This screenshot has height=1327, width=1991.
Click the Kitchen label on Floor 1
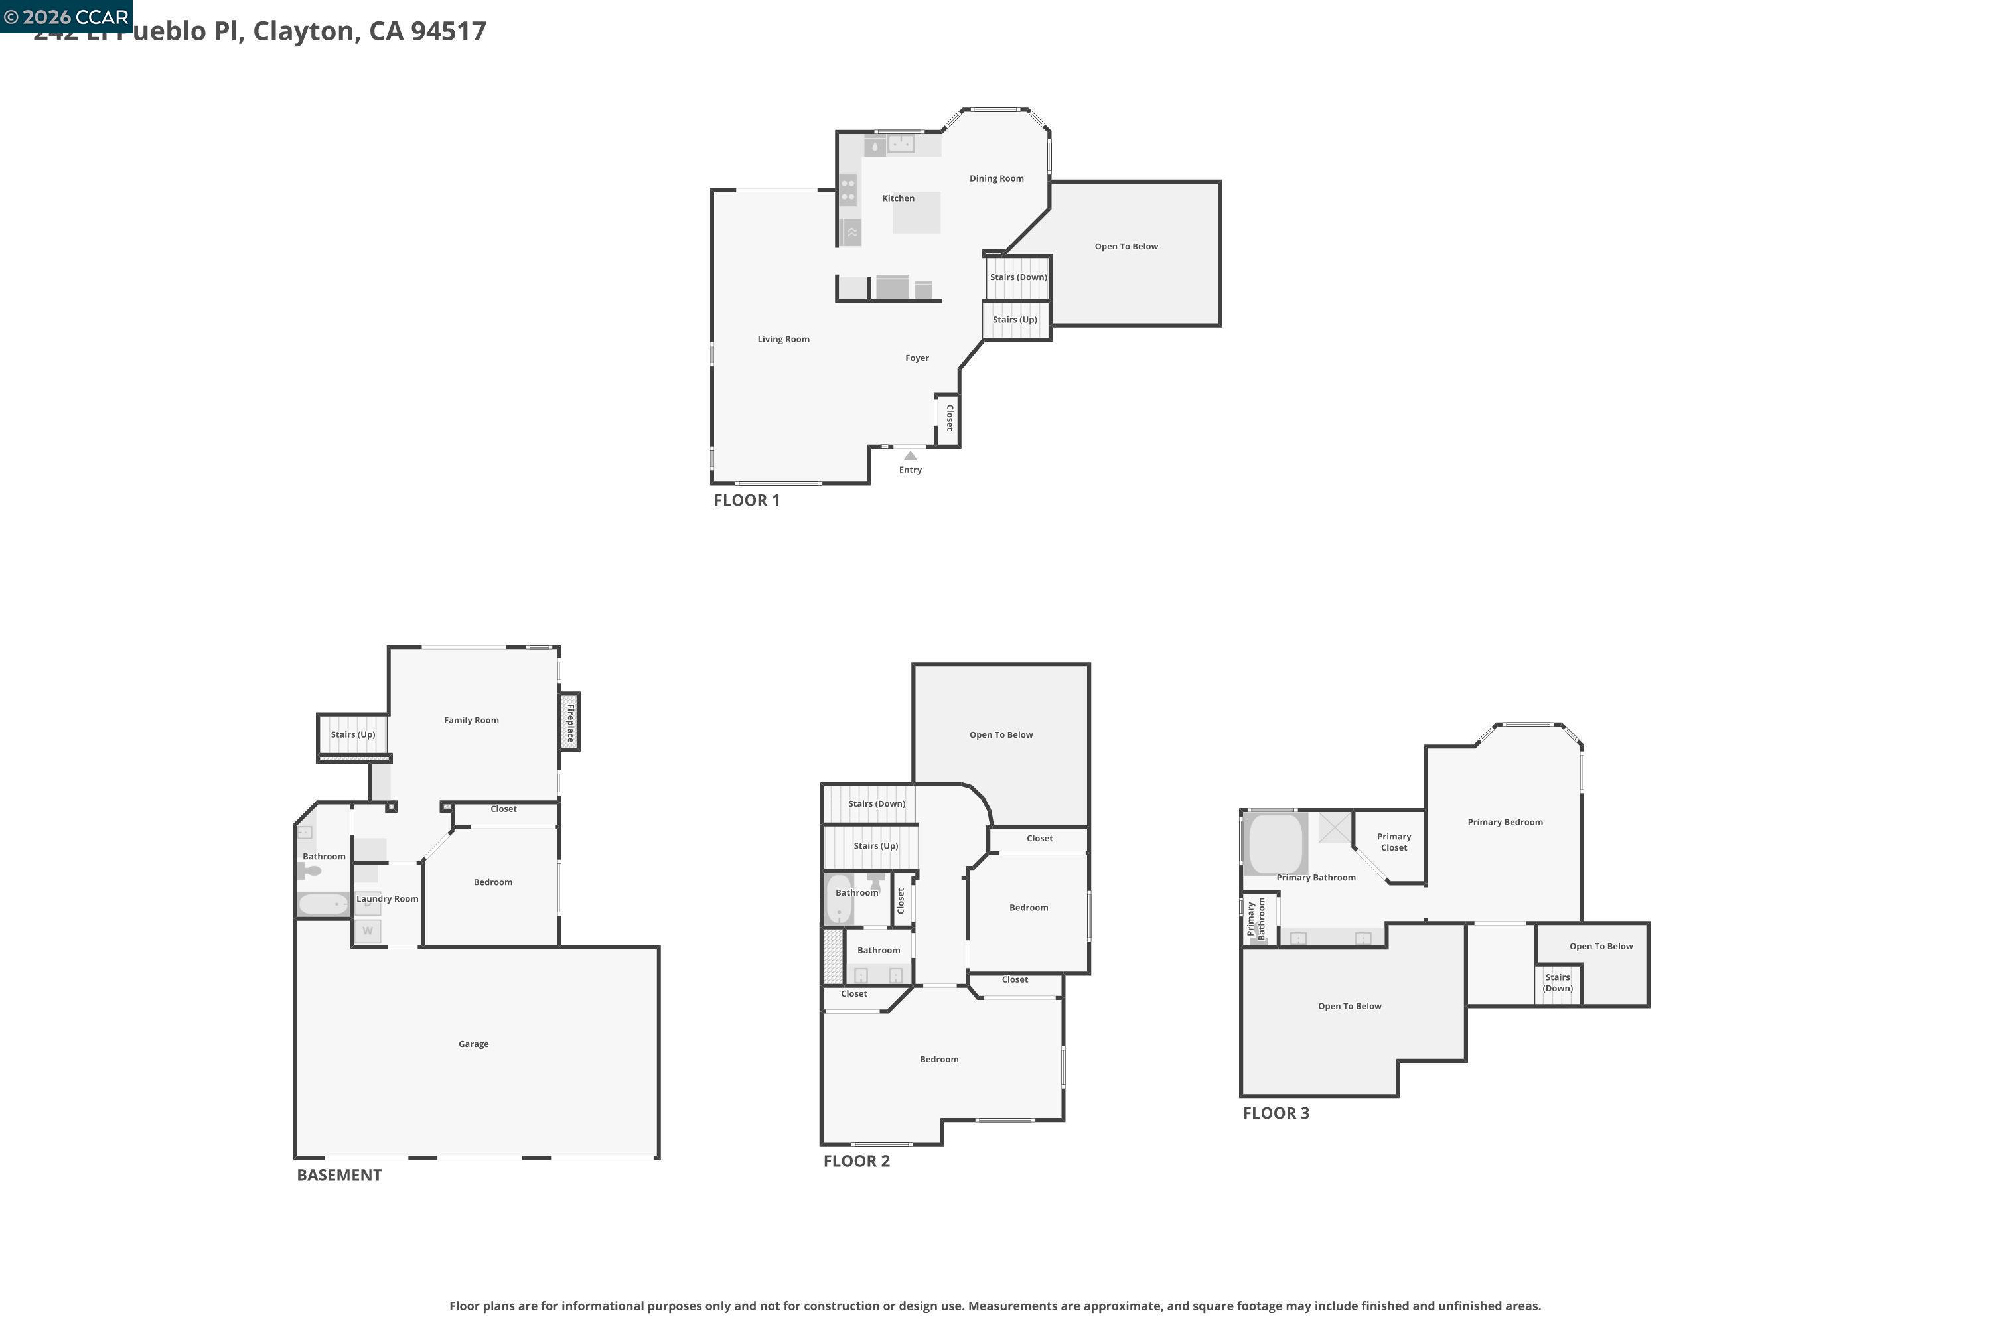tap(898, 198)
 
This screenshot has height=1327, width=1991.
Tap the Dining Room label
tap(996, 178)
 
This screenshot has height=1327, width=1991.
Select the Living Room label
tap(783, 339)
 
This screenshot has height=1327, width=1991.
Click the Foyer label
tap(917, 358)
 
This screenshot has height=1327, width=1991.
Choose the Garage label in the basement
tap(473, 1044)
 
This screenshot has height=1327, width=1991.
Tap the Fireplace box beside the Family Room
tap(569, 722)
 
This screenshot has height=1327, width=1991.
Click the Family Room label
tap(471, 720)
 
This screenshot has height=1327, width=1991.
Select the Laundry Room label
tap(387, 899)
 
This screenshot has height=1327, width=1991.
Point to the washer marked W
tap(368, 931)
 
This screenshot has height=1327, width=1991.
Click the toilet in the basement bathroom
tap(310, 871)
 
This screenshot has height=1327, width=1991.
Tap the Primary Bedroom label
tap(1505, 823)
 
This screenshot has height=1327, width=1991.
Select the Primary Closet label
tap(1393, 842)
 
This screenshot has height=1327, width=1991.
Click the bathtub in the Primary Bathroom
tap(1275, 844)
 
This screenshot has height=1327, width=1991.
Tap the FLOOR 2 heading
tap(856, 1161)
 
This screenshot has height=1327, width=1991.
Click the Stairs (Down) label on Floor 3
tap(1557, 983)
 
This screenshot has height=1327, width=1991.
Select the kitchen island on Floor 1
tap(917, 212)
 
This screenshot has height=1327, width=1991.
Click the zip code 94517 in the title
tap(448, 31)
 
